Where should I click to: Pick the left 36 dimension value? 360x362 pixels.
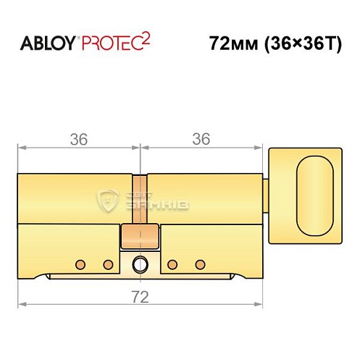[x=78, y=138]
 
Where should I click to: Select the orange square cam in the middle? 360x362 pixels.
[x=140, y=235]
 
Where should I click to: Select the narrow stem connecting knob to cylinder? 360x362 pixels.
[x=265, y=189]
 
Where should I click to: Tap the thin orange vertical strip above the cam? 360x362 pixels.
[x=140, y=199]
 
